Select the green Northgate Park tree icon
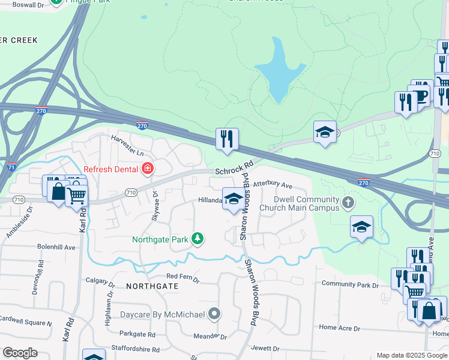(x=197, y=239)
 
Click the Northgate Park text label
(x=160, y=239)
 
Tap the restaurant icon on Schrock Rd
(x=227, y=139)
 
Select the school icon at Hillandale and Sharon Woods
(x=233, y=199)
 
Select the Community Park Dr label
(x=350, y=284)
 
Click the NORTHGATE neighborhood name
(x=152, y=286)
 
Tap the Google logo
(x=20, y=352)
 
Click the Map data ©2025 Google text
(x=412, y=355)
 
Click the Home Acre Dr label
(x=339, y=328)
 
